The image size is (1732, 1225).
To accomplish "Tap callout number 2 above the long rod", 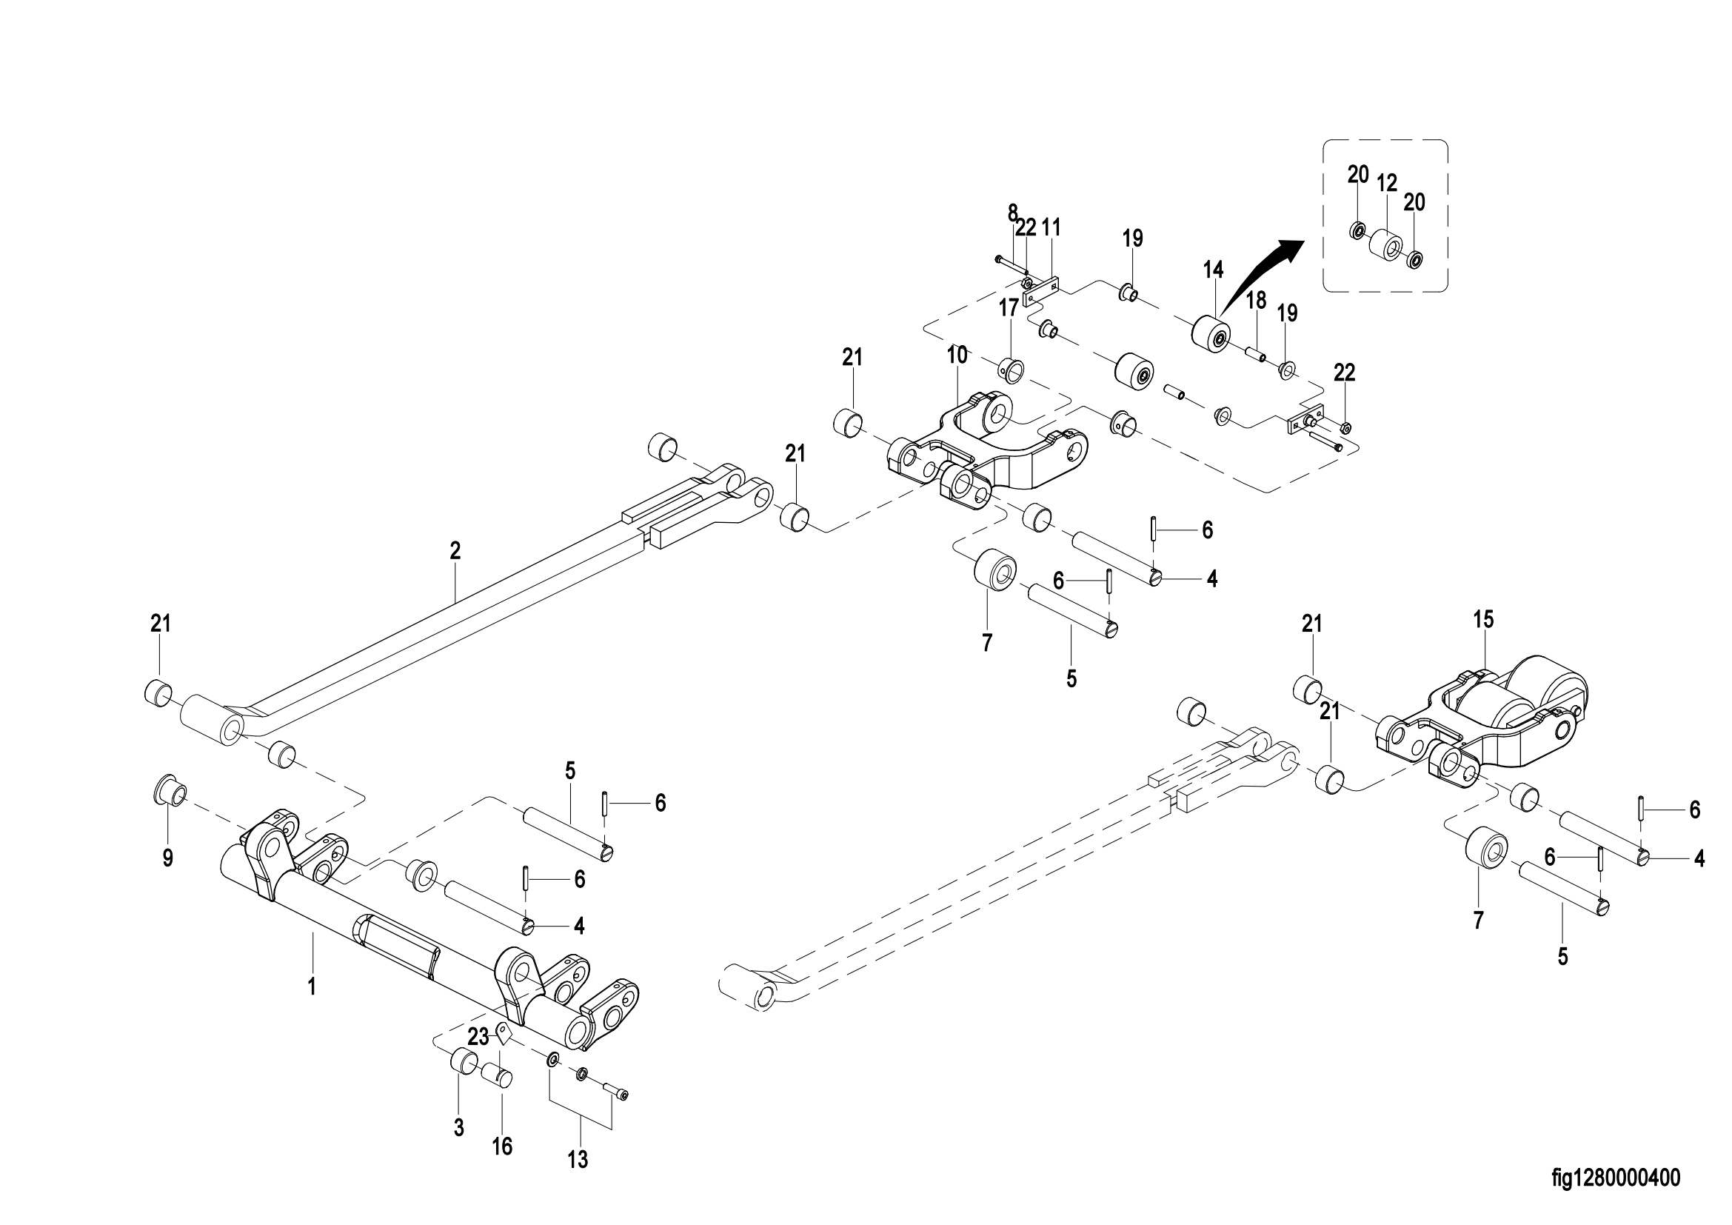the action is click(x=455, y=550).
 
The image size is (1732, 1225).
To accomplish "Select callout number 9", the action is click(x=167, y=858).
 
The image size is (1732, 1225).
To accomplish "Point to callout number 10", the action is click(x=957, y=355).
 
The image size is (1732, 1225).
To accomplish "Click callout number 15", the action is click(x=1483, y=619).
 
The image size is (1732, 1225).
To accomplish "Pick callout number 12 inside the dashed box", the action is click(x=1386, y=183).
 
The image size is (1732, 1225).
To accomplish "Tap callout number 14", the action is click(x=1214, y=270).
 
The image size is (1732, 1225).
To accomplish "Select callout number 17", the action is click(x=1009, y=307).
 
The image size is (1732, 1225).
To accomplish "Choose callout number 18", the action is click(x=1256, y=300).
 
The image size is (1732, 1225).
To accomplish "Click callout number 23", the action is click(x=478, y=1036).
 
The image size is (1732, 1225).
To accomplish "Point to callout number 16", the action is click(x=502, y=1147).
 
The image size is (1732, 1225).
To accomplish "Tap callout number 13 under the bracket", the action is click(x=578, y=1159).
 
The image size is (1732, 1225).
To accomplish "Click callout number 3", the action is click(x=458, y=1129).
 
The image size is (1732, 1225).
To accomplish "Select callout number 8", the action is click(x=1012, y=212).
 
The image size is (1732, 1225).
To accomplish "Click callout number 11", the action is click(x=1051, y=227).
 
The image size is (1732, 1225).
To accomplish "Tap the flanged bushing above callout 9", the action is click(x=170, y=792).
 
